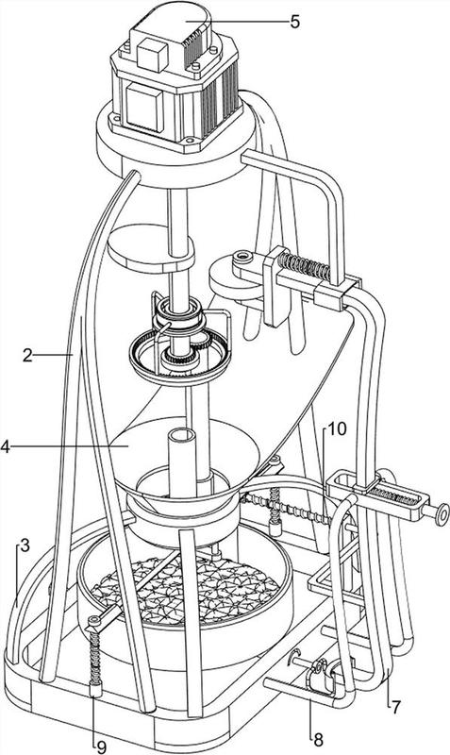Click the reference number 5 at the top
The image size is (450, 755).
(294, 22)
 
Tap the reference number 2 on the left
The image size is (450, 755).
(27, 356)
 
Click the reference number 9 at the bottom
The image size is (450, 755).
(101, 747)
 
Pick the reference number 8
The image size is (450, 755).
(318, 740)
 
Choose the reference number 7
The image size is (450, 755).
(395, 707)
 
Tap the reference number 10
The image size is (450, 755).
(338, 428)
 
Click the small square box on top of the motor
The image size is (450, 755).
(152, 55)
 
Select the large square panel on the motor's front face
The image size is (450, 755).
(144, 107)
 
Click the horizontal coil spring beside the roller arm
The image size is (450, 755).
(304, 267)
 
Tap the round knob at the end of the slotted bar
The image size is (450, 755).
(441, 513)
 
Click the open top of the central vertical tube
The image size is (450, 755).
(181, 435)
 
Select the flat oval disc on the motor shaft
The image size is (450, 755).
(151, 248)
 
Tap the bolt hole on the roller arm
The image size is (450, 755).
(243, 257)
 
